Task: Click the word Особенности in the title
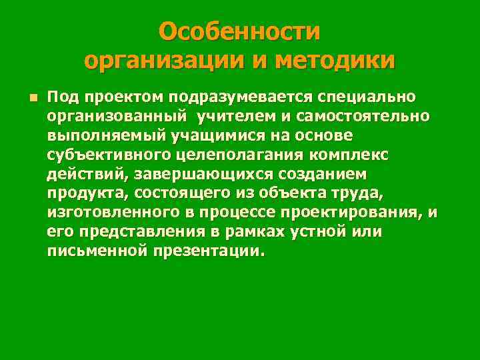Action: [240, 31]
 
